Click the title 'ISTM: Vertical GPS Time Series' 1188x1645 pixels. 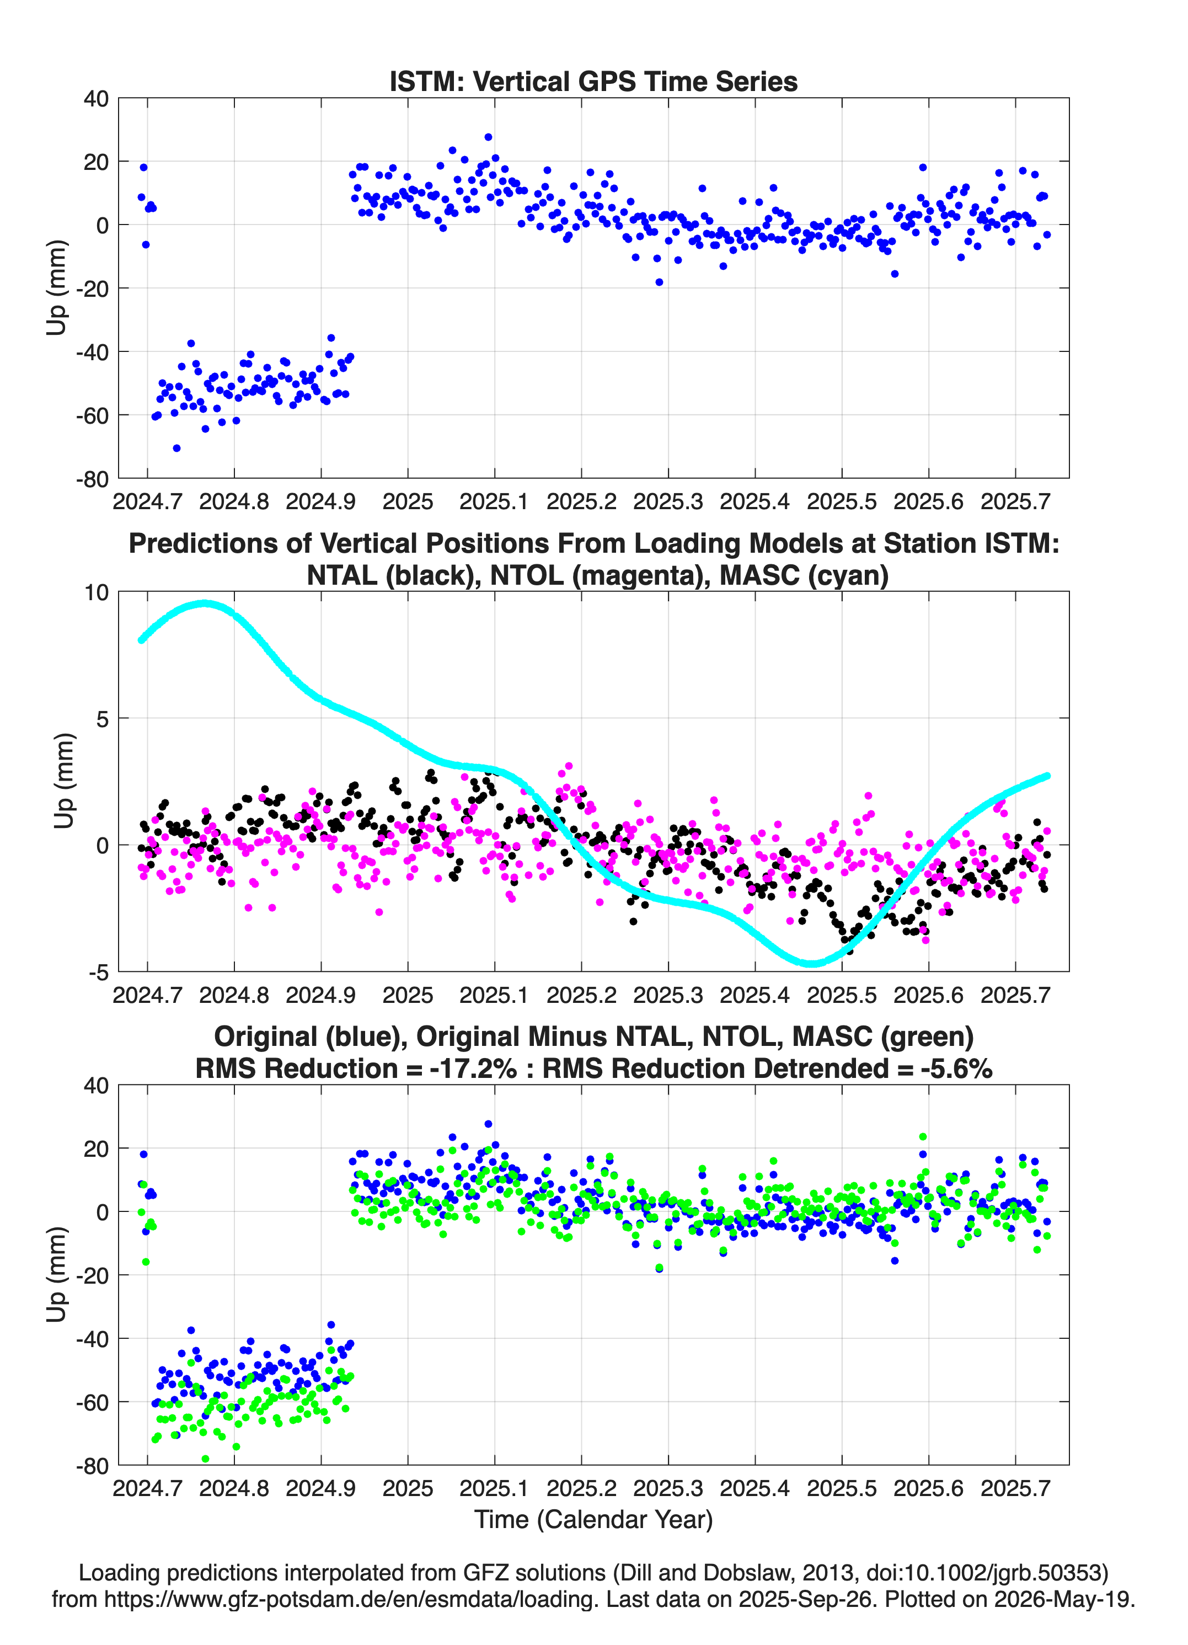click(593, 81)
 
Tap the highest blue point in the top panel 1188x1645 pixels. click(488, 137)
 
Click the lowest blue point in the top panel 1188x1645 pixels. click(176, 448)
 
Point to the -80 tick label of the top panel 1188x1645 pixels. click(93, 479)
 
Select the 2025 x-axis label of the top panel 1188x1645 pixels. click(408, 502)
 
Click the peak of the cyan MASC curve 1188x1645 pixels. click(206, 603)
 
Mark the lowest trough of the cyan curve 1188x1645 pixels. click(812, 963)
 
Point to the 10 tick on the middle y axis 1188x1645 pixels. click(97, 592)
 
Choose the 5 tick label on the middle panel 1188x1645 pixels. click(103, 719)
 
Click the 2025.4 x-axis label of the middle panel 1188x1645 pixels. click(755, 995)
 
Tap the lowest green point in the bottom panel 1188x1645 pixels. click(205, 1459)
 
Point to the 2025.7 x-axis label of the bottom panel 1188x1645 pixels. click(1015, 1488)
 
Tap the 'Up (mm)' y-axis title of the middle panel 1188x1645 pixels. click(64, 781)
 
